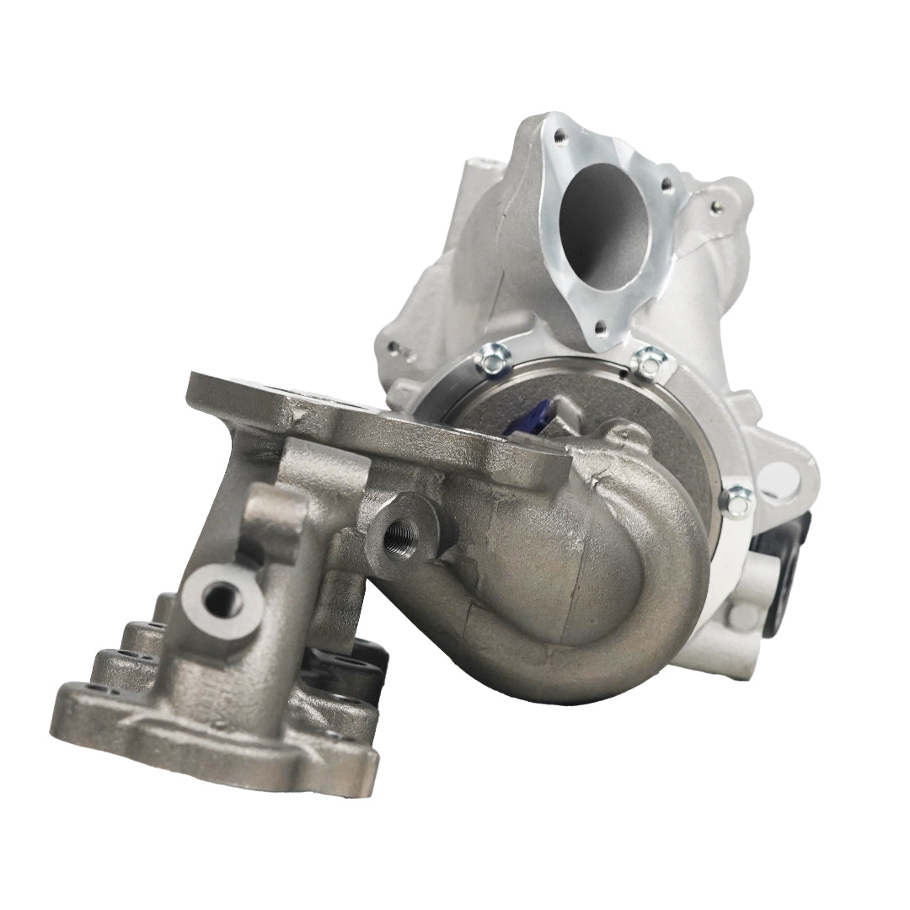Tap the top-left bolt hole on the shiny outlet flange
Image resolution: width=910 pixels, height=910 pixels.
(558, 133)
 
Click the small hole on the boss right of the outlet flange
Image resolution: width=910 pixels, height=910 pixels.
(717, 203)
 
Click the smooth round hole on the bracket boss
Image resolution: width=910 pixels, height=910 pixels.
(221, 599)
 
